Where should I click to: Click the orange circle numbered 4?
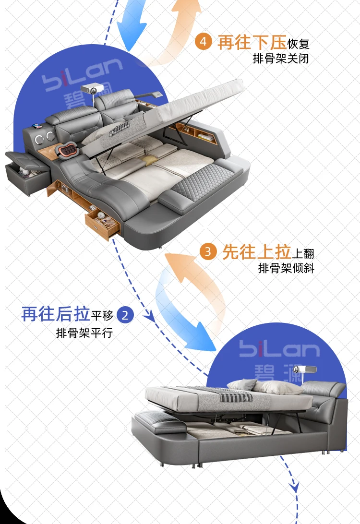(x=203, y=42)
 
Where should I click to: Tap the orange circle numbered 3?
(x=208, y=251)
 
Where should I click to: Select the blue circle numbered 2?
(x=125, y=315)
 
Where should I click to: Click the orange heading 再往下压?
(x=252, y=43)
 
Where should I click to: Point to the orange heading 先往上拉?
(x=256, y=251)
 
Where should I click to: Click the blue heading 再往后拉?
(x=56, y=314)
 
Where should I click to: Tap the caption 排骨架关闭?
(x=281, y=59)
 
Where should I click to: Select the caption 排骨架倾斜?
(x=286, y=268)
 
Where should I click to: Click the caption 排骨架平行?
(x=84, y=333)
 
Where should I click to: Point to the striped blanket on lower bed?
(x=237, y=397)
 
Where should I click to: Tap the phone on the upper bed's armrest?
(x=37, y=126)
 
